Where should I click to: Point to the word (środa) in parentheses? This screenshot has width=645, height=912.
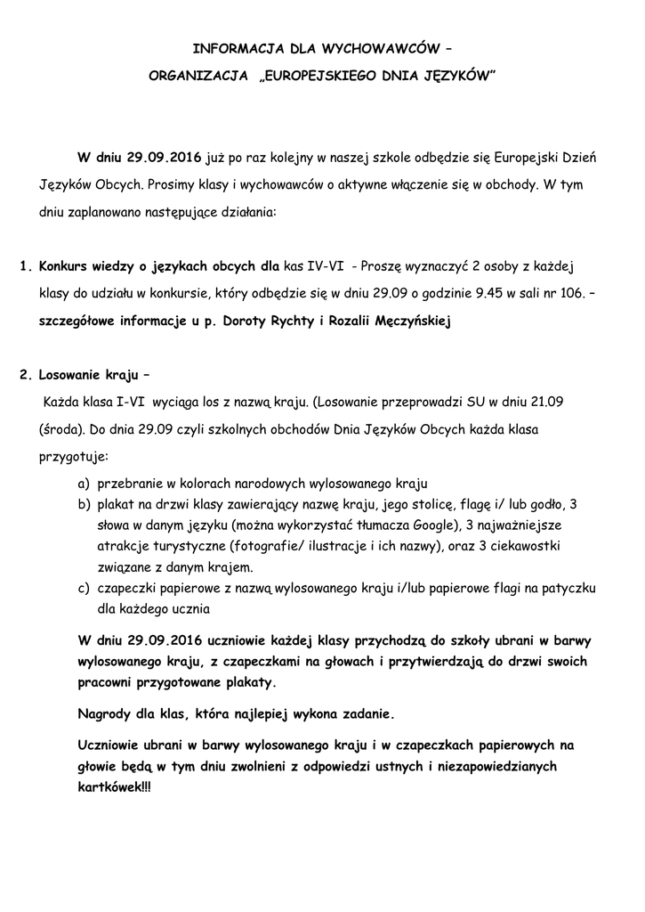point(61,429)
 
